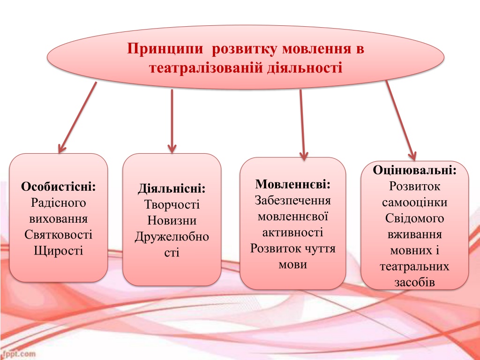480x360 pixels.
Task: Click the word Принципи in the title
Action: point(165,49)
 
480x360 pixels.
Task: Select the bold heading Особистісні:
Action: point(59,187)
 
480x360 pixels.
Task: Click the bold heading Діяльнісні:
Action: point(172,188)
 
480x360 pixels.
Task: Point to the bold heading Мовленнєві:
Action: point(293,184)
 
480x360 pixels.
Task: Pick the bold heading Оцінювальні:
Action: point(414,170)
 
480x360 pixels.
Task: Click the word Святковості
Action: point(58,234)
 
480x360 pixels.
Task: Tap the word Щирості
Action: point(59,251)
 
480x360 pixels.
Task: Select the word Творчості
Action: point(172,204)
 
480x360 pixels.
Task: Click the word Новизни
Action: point(172,220)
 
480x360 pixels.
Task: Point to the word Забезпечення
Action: point(292,200)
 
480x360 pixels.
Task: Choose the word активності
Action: point(292,232)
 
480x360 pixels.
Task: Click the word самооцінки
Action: point(414,202)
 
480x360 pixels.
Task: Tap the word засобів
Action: point(414,282)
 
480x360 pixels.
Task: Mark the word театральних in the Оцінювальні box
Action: point(414,266)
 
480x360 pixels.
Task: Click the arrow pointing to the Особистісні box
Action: point(77,118)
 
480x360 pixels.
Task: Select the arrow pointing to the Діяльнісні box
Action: point(172,121)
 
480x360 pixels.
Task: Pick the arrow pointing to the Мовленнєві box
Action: point(302,125)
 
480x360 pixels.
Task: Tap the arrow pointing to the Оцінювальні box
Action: point(401,120)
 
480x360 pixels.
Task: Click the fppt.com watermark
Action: point(18,354)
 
